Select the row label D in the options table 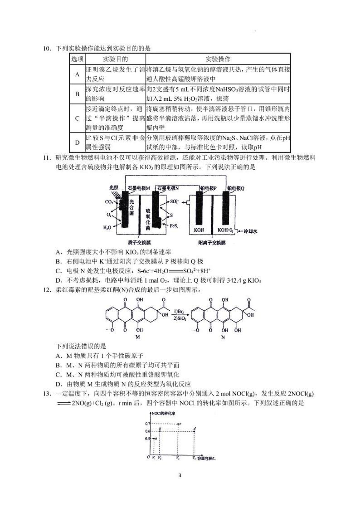point(77,142)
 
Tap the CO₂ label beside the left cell point(109,202)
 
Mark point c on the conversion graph point(179,424)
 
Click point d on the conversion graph point(194,429)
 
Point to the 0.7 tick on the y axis point(148,424)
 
